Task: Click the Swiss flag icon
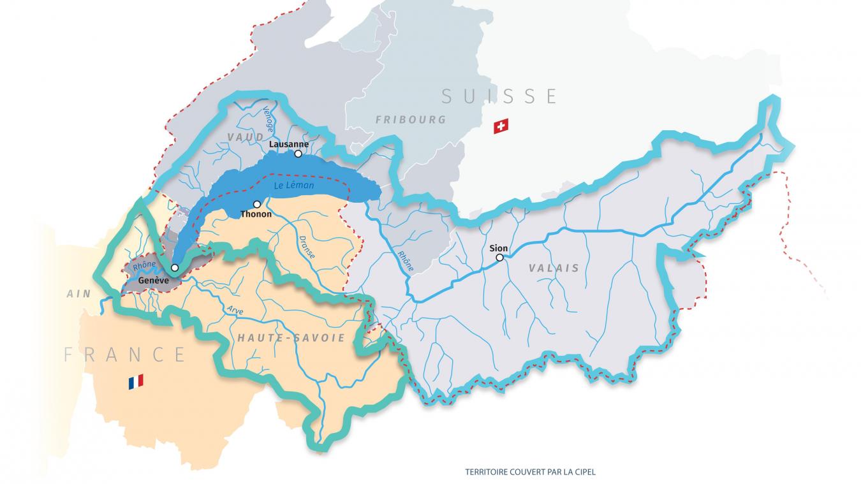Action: click(x=501, y=126)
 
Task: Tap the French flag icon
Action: click(x=135, y=381)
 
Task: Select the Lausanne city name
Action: click(x=289, y=144)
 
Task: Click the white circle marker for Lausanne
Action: click(x=298, y=154)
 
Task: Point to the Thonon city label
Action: click(x=256, y=214)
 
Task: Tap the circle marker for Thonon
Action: click(x=256, y=204)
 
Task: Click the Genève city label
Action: click(x=153, y=280)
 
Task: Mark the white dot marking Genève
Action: click(x=175, y=267)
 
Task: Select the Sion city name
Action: click(x=499, y=248)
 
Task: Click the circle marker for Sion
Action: click(x=499, y=258)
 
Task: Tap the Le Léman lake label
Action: click(x=294, y=186)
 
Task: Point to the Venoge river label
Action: click(x=268, y=119)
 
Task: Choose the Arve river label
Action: click(x=235, y=311)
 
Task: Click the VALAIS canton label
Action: click(x=554, y=268)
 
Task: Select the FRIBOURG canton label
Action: click(x=410, y=120)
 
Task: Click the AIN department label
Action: click(x=78, y=294)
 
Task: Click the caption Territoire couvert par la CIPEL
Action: click(x=530, y=473)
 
